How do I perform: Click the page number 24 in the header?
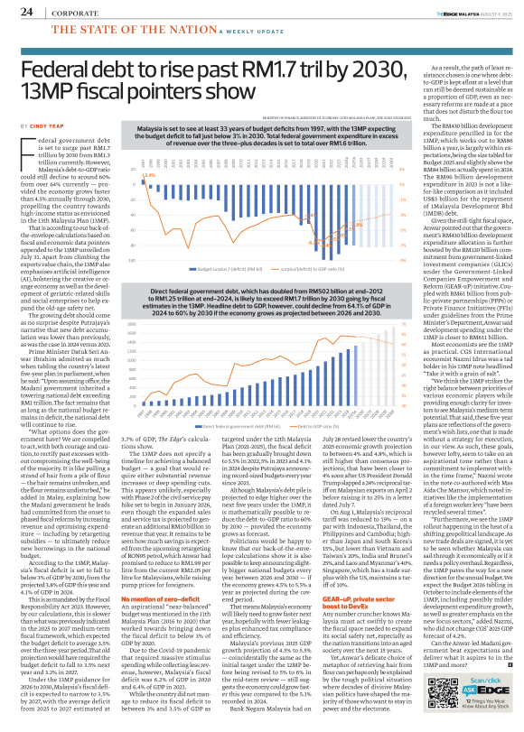[x=26, y=12]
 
